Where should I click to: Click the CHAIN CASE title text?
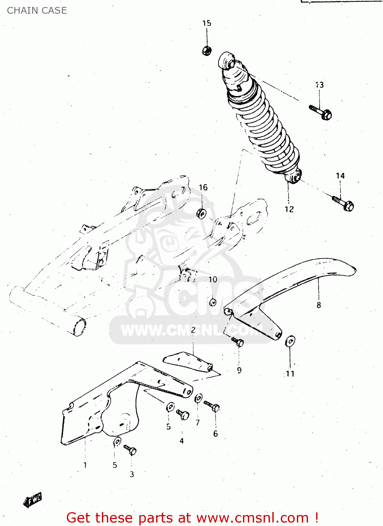[x=37, y=11]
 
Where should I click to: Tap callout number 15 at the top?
[x=207, y=23]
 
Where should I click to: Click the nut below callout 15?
[x=207, y=51]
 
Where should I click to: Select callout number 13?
[x=319, y=85]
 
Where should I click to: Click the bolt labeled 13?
[x=321, y=112]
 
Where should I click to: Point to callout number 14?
[x=340, y=176]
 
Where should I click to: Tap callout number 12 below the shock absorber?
[x=289, y=209]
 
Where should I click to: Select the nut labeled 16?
[x=201, y=213]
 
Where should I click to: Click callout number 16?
[x=203, y=188]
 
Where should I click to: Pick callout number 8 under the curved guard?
[x=319, y=305]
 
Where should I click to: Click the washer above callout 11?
[x=290, y=341]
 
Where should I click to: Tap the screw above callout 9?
[x=238, y=342]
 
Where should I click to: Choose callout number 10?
[x=213, y=279]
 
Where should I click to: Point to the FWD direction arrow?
[x=33, y=500]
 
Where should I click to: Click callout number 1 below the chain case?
[x=85, y=465]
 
